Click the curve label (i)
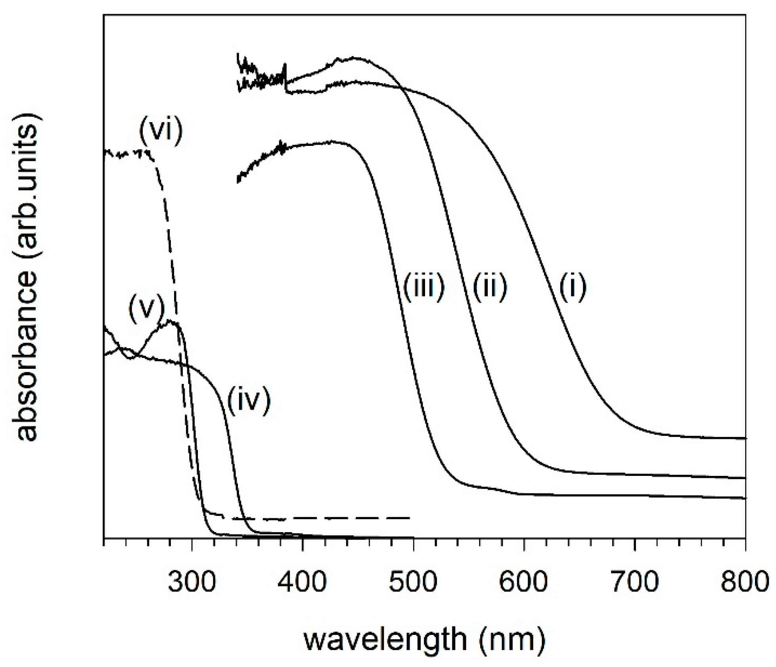573,287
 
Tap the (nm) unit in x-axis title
512,640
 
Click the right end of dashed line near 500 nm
409,518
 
